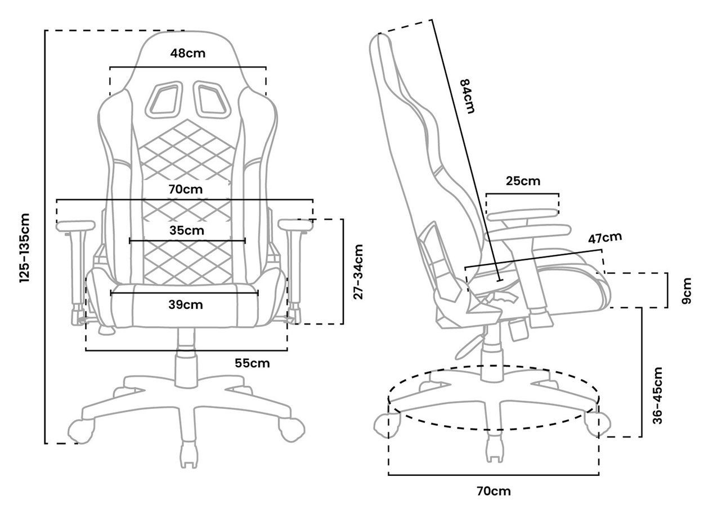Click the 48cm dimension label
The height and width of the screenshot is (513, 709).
[x=188, y=53]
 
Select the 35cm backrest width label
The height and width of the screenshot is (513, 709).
[x=187, y=231]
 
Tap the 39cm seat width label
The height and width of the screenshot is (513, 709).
[x=186, y=305]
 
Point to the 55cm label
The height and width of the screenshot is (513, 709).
[x=252, y=363]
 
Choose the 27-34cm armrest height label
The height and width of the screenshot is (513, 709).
[x=358, y=272]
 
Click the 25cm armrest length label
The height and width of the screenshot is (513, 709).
[x=523, y=181]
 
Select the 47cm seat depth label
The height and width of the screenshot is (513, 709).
[x=605, y=238]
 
